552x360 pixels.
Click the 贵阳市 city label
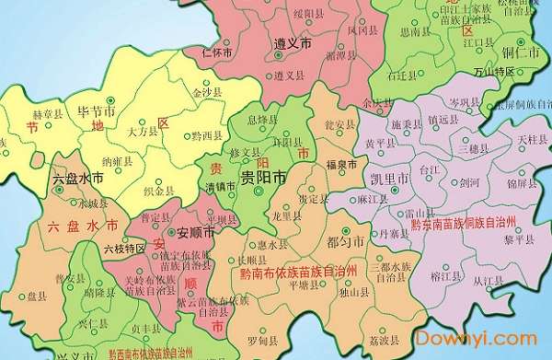click(x=262, y=179)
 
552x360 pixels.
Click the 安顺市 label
click(x=195, y=233)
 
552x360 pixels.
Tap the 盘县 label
click(x=37, y=296)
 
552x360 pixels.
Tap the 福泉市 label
click(x=341, y=165)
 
